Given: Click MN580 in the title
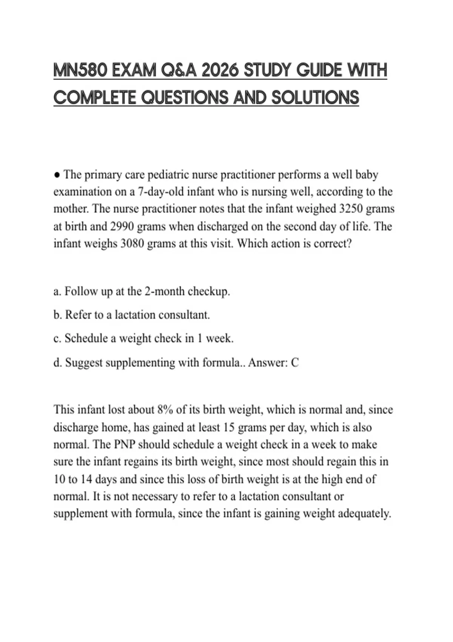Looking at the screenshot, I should click(x=78, y=71).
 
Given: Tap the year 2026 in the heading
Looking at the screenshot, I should click(x=220, y=71).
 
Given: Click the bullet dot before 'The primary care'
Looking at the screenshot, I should click(x=57, y=175).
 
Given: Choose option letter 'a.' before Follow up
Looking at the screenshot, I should click(x=57, y=292).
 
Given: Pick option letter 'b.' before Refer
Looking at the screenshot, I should click(x=58, y=315).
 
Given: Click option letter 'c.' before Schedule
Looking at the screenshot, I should click(x=57, y=338).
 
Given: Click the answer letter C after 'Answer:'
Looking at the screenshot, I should click(x=295, y=363).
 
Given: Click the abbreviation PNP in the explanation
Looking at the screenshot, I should click(x=124, y=444).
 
